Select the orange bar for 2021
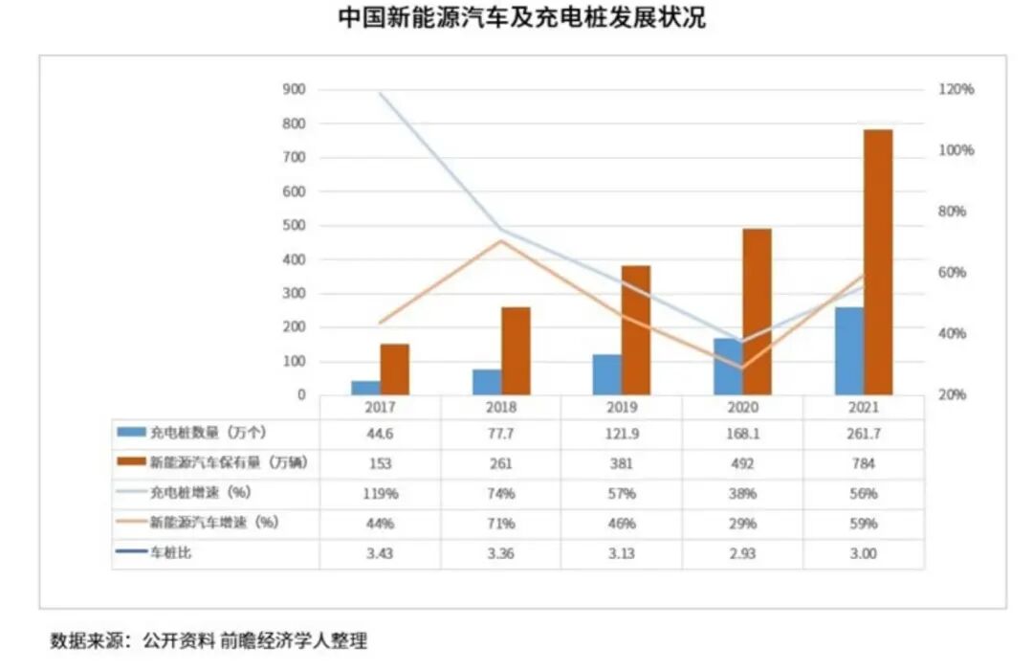coord(877,262)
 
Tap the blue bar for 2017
coord(365,388)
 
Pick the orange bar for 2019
coord(635,330)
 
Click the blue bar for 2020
coord(727,367)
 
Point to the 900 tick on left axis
coord(294,90)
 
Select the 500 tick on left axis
coord(294,226)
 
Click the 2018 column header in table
coord(500,406)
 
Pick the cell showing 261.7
coord(863,433)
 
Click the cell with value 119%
coord(380,494)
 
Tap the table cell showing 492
coord(742,463)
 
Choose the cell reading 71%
coord(500,525)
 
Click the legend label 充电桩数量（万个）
coord(198,433)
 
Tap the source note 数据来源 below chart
coord(209,641)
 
